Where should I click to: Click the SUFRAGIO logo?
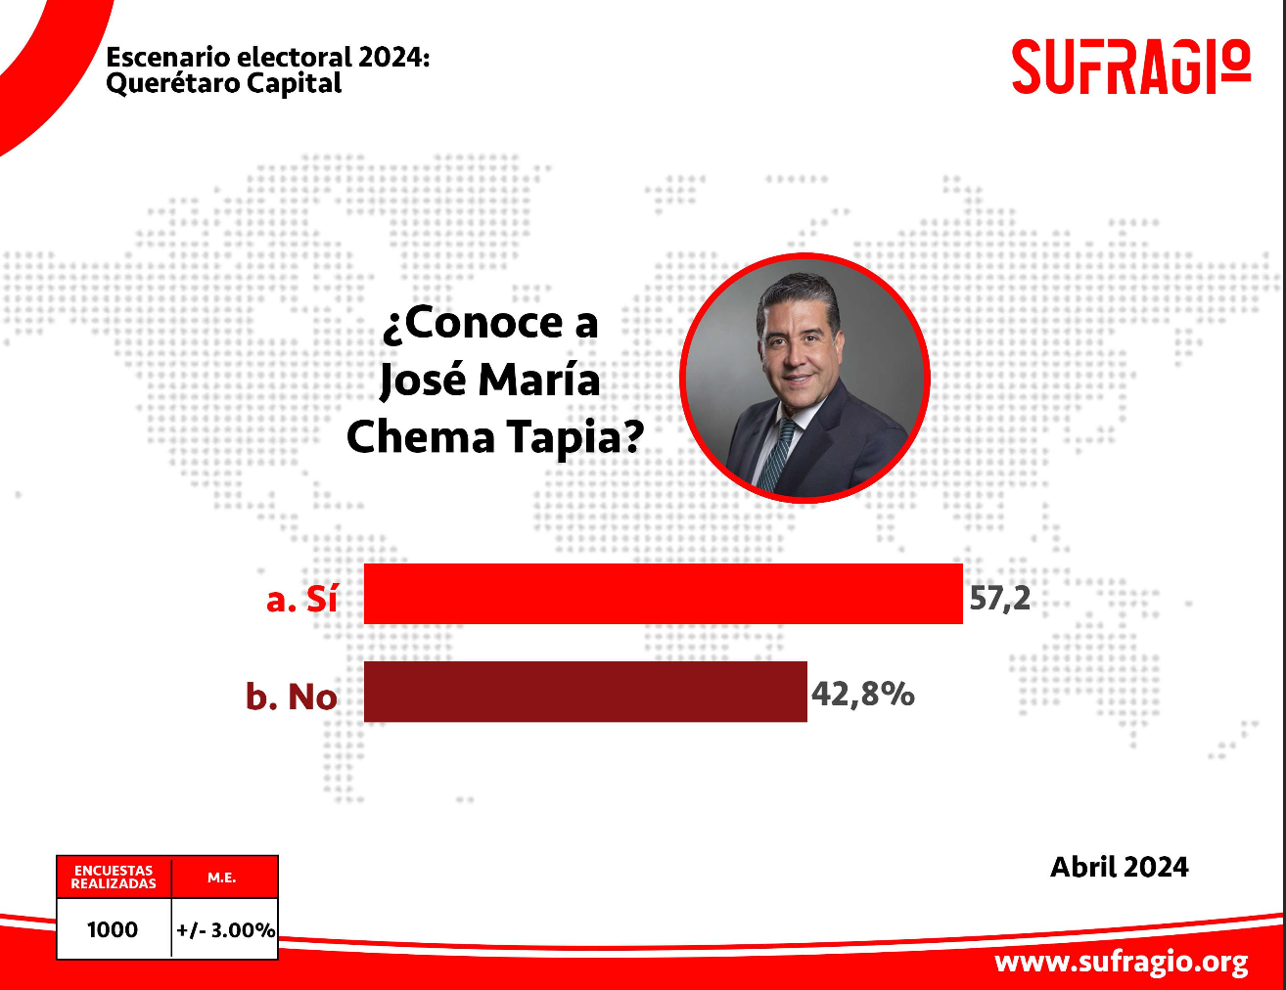click(1131, 67)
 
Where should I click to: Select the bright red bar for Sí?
click(663, 593)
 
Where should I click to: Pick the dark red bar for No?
click(585, 692)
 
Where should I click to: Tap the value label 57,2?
click(999, 598)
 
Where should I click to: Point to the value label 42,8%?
click(863, 694)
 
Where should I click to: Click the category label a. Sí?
click(301, 599)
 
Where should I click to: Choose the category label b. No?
click(292, 696)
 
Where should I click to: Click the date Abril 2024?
click(1119, 867)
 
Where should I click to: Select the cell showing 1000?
click(113, 929)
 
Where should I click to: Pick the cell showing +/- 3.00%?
click(225, 930)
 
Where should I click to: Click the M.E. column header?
click(222, 877)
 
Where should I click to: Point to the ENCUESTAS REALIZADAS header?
click(114, 877)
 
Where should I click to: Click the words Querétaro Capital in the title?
click(224, 83)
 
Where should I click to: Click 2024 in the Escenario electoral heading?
click(394, 58)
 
